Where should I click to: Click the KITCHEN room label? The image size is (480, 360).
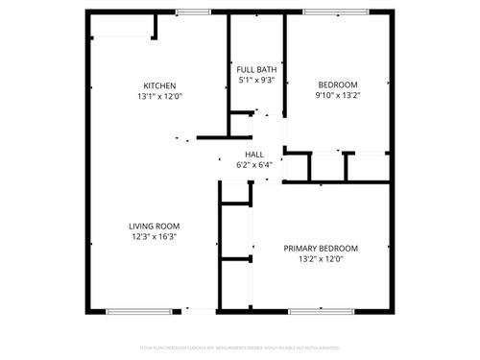pos(159,85)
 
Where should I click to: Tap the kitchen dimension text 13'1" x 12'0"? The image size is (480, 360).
pos(159,96)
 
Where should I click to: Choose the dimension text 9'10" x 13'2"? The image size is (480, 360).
pos(338,96)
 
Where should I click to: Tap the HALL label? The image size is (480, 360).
pos(254,154)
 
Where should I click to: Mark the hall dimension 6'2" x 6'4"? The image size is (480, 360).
pos(254,164)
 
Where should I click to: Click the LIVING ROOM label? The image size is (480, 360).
pos(155,227)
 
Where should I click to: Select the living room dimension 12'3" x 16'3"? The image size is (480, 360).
pos(155,237)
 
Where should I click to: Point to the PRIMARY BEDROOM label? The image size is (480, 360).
pos(321,248)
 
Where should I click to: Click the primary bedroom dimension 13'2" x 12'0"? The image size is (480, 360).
pos(321,258)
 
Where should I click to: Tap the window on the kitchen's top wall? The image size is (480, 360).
pos(193,12)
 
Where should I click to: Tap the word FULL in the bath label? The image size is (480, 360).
pos(245,70)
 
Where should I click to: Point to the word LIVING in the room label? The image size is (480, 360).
pos(143,227)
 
